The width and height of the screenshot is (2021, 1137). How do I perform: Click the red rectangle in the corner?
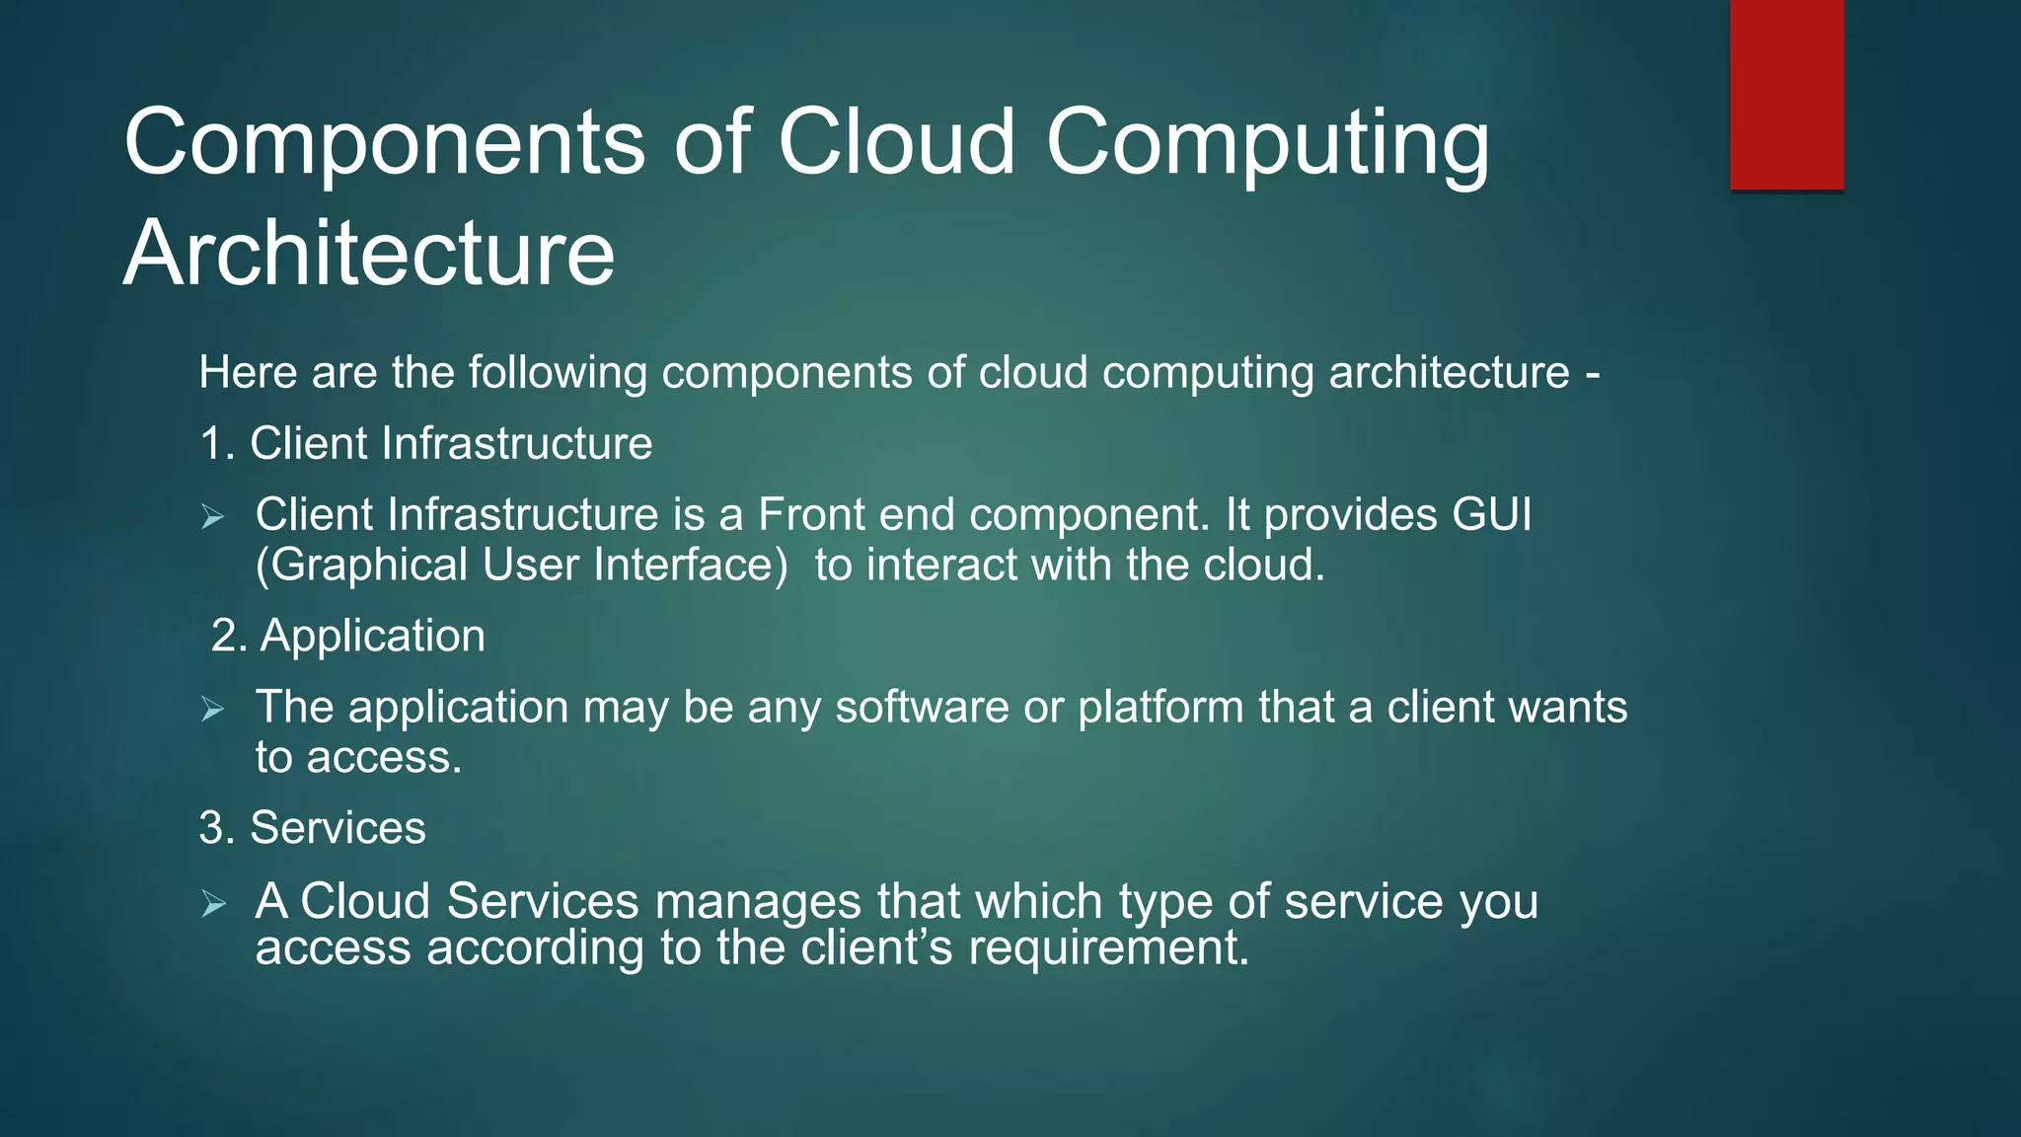[1786, 94]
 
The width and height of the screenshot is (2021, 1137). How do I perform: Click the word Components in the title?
[385, 143]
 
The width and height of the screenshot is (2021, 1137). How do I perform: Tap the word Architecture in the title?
[369, 254]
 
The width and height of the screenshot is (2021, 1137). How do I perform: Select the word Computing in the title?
[1267, 143]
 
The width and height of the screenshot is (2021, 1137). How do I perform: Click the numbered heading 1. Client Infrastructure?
[425, 443]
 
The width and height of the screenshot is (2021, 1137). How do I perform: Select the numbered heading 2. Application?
[347, 636]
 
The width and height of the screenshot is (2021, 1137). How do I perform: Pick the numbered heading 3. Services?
[312, 828]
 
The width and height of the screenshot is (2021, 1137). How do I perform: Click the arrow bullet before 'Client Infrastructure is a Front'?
[213, 516]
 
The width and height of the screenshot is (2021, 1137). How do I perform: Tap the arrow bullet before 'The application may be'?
[213, 709]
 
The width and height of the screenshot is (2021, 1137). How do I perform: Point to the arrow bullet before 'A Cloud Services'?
[213, 903]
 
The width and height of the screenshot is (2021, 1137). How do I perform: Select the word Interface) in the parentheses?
[691, 566]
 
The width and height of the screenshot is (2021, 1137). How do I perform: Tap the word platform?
[1160, 708]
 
